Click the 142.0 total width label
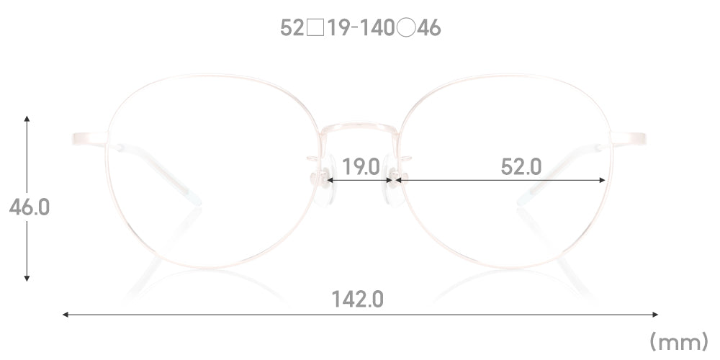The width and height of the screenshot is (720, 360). point(357,300)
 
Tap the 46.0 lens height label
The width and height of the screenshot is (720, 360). point(29,207)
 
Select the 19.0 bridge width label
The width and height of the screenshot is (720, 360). point(361,167)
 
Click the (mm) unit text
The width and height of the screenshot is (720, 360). point(679,342)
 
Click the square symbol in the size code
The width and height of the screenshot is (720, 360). point(315,29)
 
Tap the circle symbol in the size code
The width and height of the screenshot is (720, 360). point(406,29)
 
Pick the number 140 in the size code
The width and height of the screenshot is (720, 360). point(376,29)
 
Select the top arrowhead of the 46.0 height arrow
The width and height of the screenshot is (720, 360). point(27,119)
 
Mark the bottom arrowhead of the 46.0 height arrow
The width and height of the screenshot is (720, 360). point(27,278)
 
